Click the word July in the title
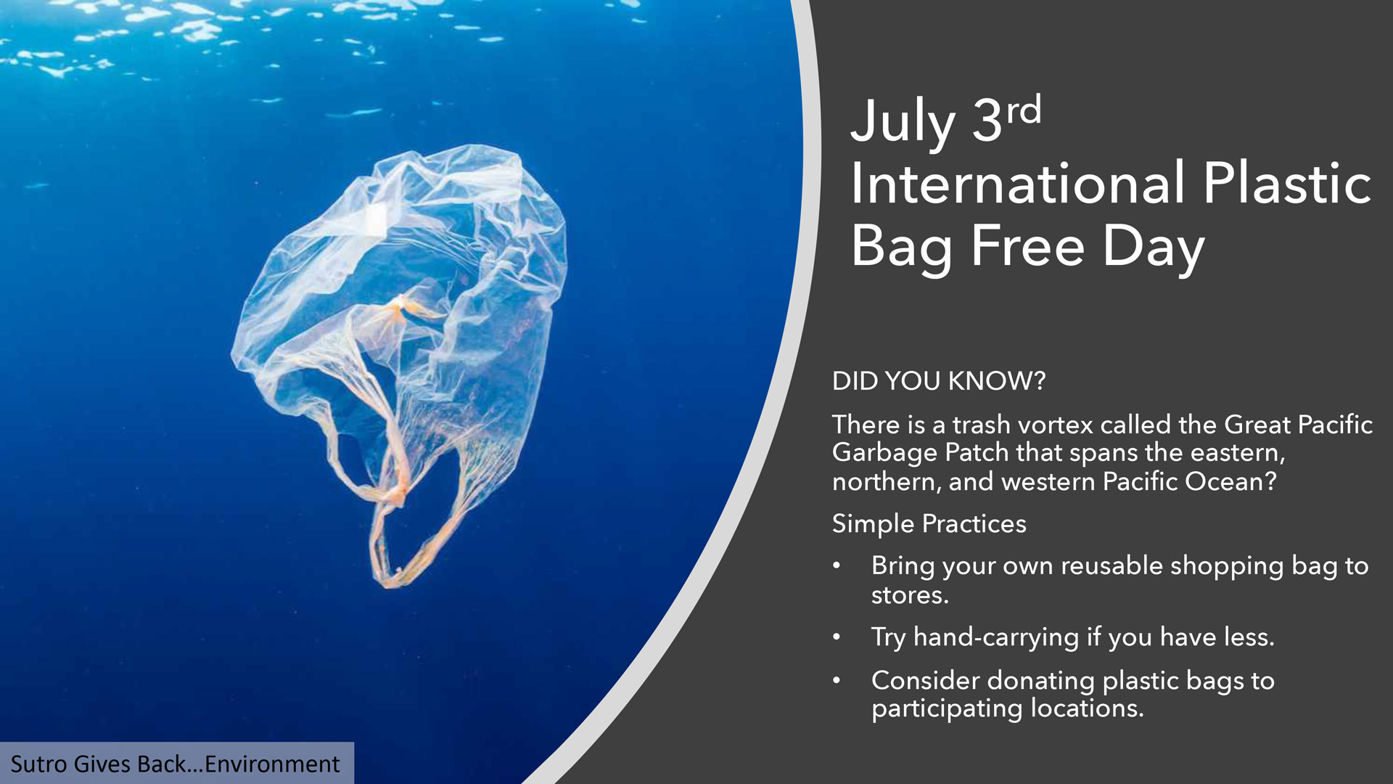[903, 123]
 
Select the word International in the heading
[1018, 184]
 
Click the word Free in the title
[1027, 245]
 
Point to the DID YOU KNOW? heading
[939, 381]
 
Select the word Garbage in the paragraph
[884, 454]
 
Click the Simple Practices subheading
[929, 524]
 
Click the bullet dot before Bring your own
[837, 565]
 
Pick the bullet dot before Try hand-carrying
[837, 637]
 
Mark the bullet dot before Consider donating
[837, 680]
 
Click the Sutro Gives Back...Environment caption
[175, 764]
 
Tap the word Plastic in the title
[1286, 184]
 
